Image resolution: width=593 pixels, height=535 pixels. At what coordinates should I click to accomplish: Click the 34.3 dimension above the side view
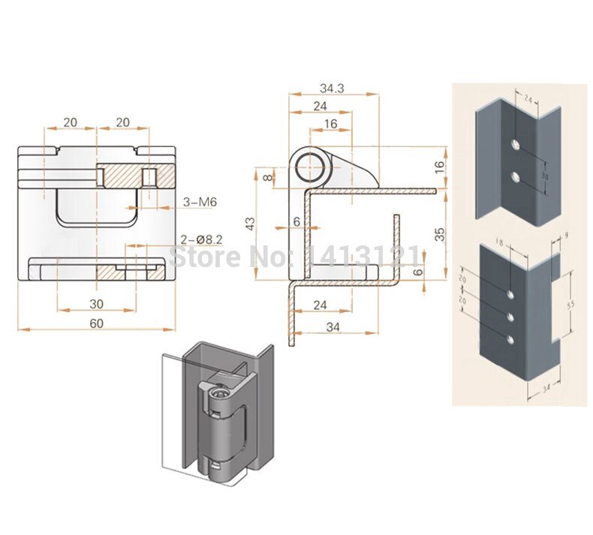click(x=330, y=89)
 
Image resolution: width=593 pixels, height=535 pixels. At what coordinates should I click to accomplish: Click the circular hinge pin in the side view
click(x=309, y=167)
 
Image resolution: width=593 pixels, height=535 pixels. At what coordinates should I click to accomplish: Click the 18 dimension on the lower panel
click(x=501, y=242)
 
